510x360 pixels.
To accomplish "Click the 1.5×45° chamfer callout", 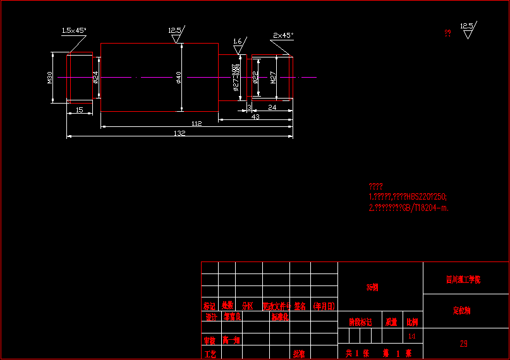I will pyautogui.click(x=74, y=30).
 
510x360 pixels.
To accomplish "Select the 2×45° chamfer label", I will pyautogui.click(x=282, y=35).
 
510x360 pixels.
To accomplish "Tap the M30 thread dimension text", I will pyautogui.click(x=50, y=78).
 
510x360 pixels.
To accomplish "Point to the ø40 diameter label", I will pyautogui.click(x=179, y=77).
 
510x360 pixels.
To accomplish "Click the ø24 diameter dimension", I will pyautogui.click(x=96, y=77).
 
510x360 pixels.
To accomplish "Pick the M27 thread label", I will pyautogui.click(x=274, y=78).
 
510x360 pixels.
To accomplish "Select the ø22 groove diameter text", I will pyautogui.click(x=255, y=77).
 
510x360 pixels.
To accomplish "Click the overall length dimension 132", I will pyautogui.click(x=179, y=133).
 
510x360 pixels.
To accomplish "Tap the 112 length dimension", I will pyautogui.click(x=196, y=124).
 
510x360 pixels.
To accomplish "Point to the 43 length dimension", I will pyautogui.click(x=255, y=117).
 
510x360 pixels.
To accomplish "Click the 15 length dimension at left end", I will pyautogui.click(x=79, y=110).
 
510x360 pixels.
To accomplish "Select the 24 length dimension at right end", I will pyautogui.click(x=272, y=107).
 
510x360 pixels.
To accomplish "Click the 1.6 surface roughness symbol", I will pyautogui.click(x=238, y=45).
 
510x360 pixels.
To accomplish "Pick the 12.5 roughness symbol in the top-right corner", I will pyautogui.click(x=467, y=30).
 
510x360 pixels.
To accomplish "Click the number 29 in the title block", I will pyautogui.click(x=464, y=344).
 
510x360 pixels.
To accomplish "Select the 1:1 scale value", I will pyautogui.click(x=412, y=336).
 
